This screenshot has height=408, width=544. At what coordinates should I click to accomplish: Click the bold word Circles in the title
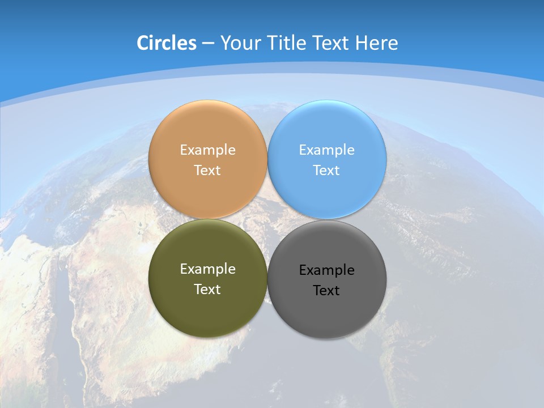click(166, 43)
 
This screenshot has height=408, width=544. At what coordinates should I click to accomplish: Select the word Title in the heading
click(286, 43)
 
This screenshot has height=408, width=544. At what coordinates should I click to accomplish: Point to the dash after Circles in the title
click(208, 44)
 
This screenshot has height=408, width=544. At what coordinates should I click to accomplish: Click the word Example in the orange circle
click(207, 150)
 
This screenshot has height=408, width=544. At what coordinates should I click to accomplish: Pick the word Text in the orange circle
click(207, 170)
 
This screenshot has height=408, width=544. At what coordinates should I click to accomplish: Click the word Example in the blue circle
click(326, 150)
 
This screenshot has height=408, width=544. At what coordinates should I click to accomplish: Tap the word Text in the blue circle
click(326, 170)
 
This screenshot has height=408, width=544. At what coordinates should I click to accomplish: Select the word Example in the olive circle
click(207, 269)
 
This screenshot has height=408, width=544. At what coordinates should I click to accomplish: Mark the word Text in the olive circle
click(207, 289)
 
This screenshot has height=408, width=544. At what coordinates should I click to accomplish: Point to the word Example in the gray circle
click(326, 270)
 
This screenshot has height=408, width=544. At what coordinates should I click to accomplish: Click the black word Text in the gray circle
click(326, 290)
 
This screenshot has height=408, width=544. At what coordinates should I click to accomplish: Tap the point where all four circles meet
click(267, 219)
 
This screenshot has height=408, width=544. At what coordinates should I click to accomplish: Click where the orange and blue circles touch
click(267, 160)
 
